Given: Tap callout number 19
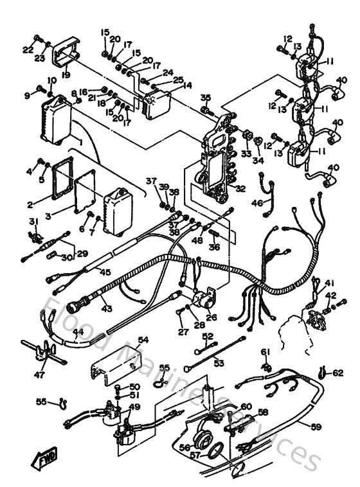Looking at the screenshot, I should coord(66,74).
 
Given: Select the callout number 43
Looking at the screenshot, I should coord(107,309).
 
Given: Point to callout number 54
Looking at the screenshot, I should coord(143,339).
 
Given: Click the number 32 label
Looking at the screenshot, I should coord(240,189).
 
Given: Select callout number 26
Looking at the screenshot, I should coord(212,316).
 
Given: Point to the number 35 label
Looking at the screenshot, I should coord(205,98).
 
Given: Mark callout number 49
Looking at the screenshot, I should coord(134,407).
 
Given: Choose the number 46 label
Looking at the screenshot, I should coord(256,203).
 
